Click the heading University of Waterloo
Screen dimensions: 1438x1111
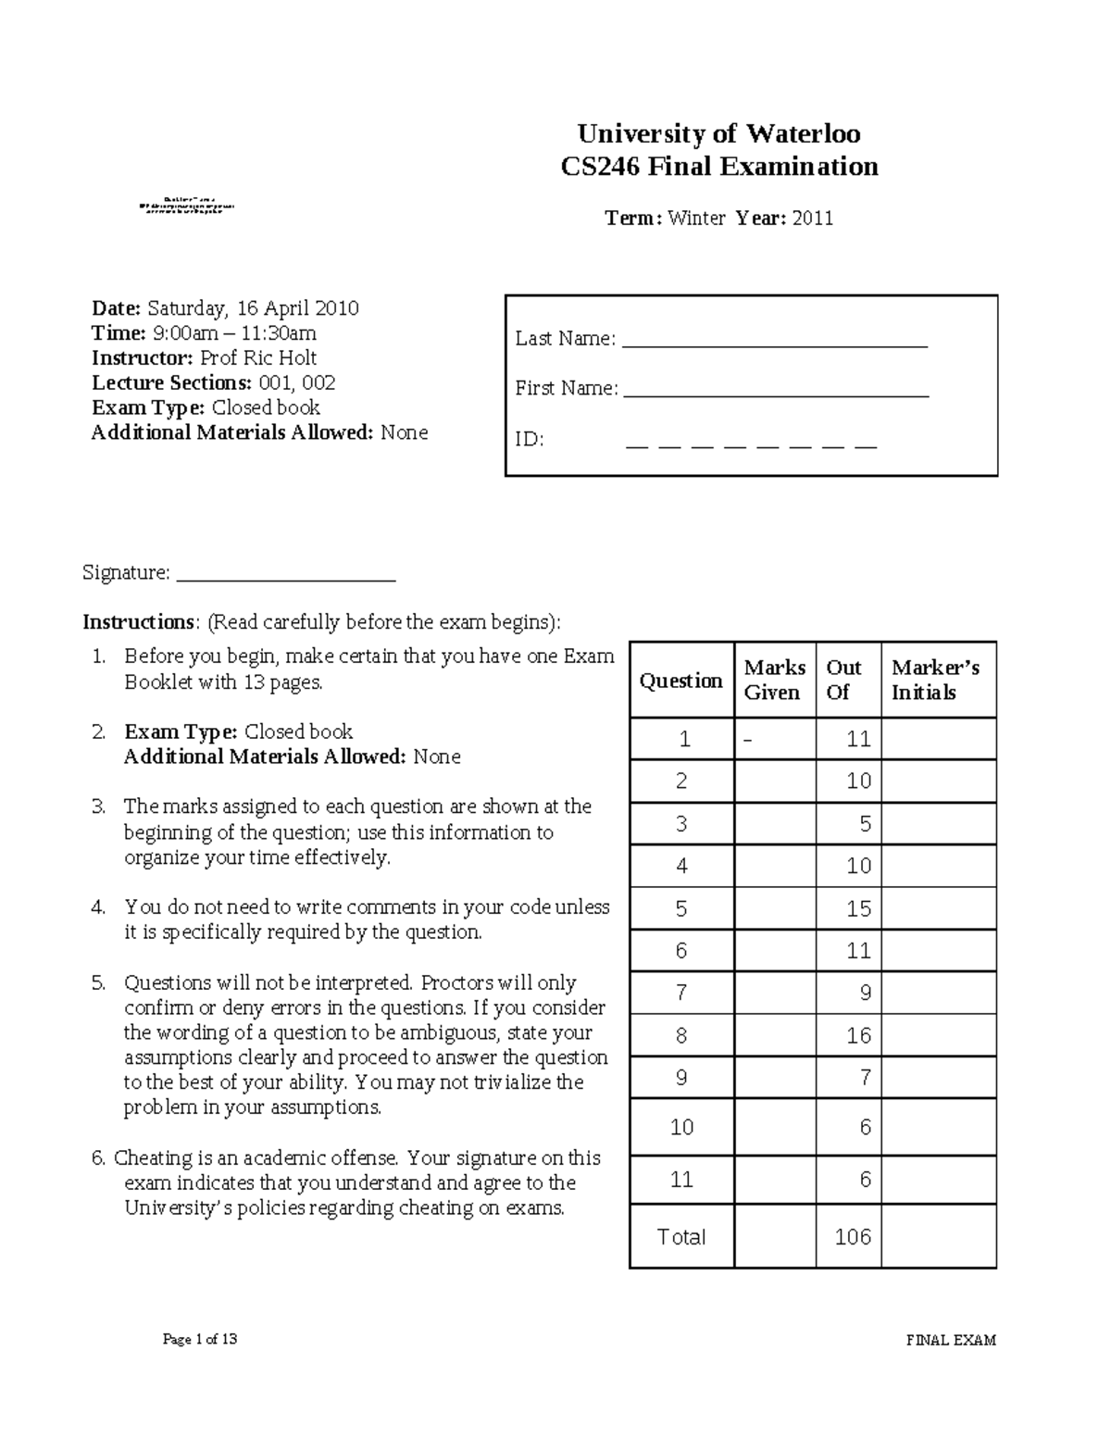718,134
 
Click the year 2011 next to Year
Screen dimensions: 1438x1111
813,219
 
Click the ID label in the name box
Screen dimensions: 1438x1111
529,439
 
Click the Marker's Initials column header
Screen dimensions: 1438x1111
935,680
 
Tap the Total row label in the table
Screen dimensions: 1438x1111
681,1237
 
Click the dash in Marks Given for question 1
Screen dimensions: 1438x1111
748,739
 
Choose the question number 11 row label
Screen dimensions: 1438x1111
681,1180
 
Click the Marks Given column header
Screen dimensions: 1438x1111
774,680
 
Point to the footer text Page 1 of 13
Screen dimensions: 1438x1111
200,1339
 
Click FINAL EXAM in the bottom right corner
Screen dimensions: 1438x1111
950,1340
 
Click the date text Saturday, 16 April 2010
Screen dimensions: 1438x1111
253,308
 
